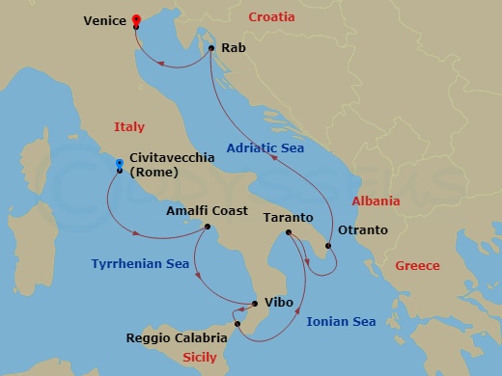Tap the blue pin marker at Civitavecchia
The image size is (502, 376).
point(119,165)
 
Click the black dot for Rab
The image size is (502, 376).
point(211,47)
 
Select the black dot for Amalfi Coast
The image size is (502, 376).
point(206,228)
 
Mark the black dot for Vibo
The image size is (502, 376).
point(254,304)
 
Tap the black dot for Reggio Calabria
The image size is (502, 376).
point(236,328)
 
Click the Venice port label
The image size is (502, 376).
point(105,19)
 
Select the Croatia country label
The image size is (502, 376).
point(272,17)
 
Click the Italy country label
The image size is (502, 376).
point(128,126)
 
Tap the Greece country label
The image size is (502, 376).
point(417,265)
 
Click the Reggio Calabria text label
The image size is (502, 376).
point(177,338)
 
